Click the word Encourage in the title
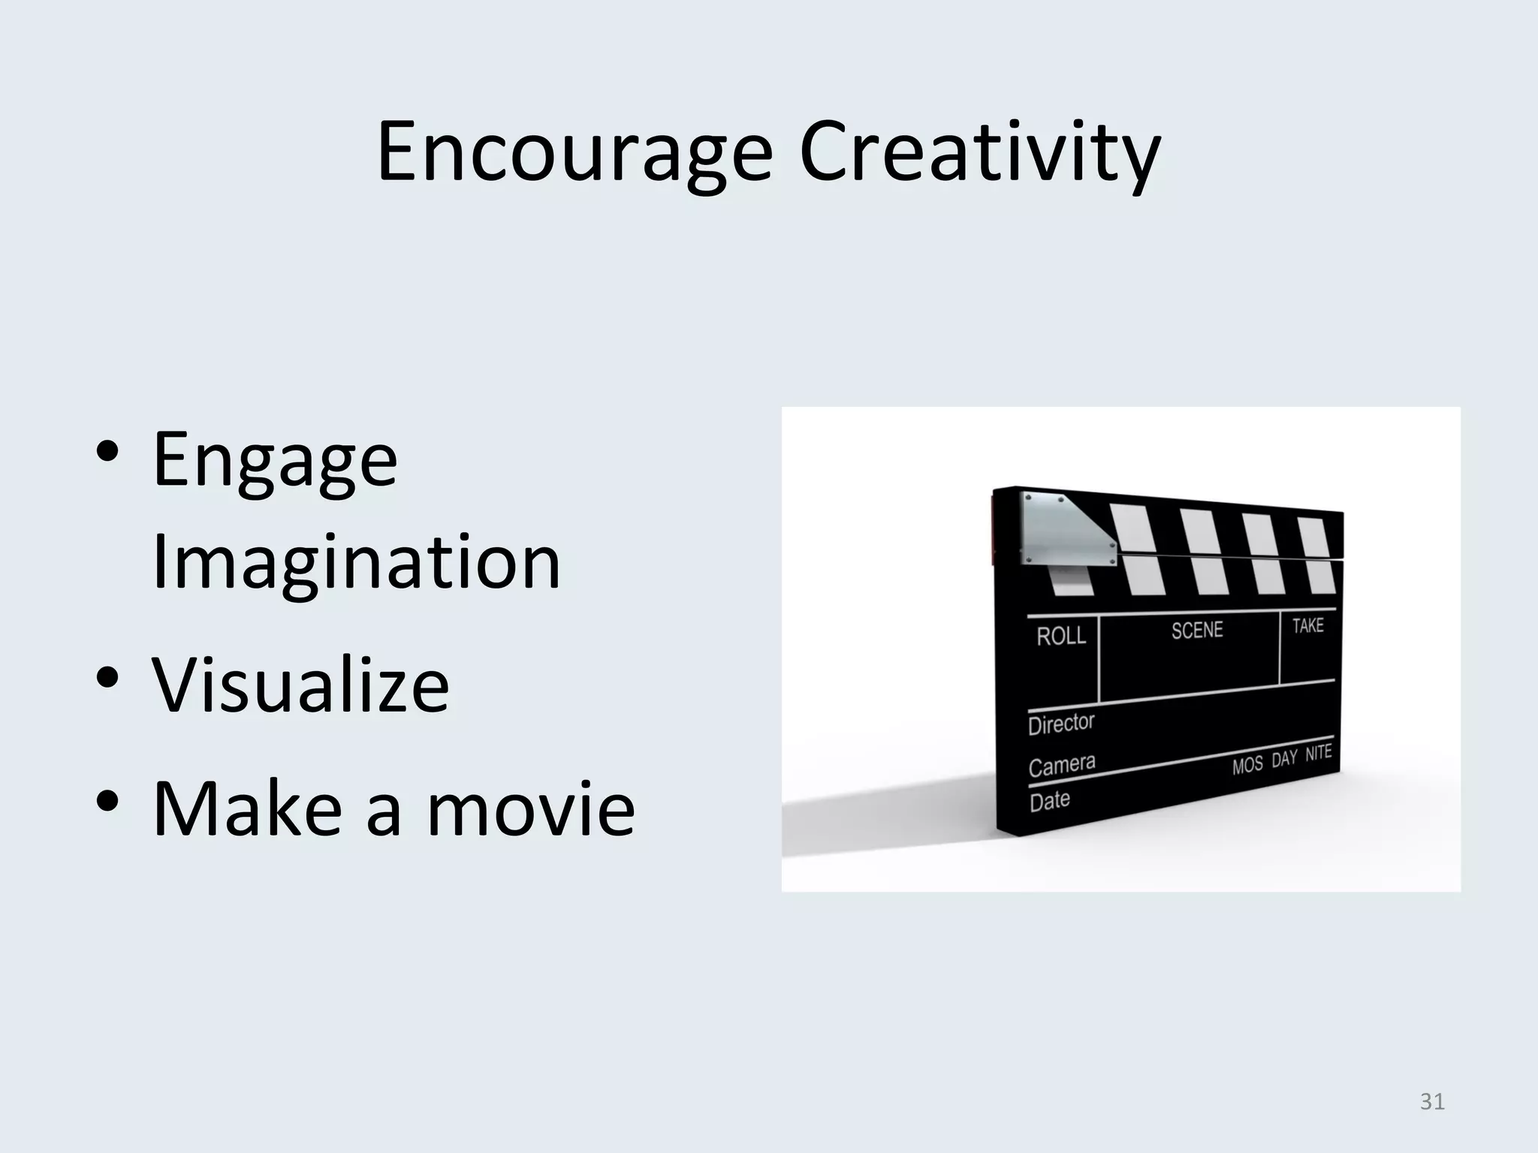click(574, 154)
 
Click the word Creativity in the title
click(980, 154)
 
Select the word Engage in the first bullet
click(275, 459)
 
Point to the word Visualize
click(300, 685)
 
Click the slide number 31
click(1432, 1101)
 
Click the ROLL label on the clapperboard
click(1060, 637)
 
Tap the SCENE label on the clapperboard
click(1197, 630)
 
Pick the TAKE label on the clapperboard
click(1307, 625)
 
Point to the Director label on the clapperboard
click(1060, 724)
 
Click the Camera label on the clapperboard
click(1061, 766)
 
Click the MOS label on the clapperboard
click(1247, 766)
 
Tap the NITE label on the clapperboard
click(1318, 753)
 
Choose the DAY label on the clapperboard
click(1284, 759)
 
